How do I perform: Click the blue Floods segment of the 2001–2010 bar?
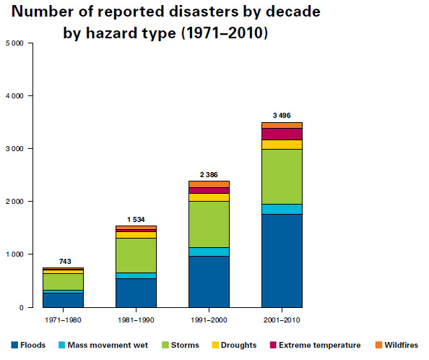(x=282, y=260)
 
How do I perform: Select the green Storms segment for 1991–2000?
(x=209, y=224)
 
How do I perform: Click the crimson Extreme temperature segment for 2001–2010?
(x=282, y=134)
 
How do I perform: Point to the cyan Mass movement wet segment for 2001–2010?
(x=282, y=209)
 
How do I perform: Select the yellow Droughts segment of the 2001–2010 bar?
(x=282, y=145)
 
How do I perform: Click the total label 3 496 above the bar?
(x=282, y=115)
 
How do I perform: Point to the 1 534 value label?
(x=136, y=218)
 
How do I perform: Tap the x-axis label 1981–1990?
(x=136, y=319)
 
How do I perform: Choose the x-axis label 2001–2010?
(x=282, y=319)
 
